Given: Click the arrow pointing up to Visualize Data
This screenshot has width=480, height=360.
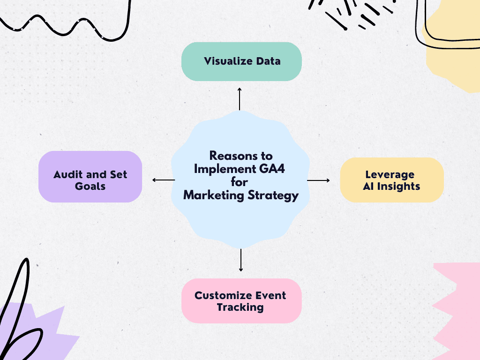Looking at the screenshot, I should tap(240, 98).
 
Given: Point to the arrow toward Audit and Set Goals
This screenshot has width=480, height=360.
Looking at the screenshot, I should tap(163, 180).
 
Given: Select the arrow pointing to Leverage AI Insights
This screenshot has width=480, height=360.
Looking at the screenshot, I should tap(319, 180).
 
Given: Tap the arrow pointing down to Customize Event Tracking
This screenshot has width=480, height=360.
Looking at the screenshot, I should tap(241, 260).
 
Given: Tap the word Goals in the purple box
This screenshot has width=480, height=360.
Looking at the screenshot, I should tap(90, 186).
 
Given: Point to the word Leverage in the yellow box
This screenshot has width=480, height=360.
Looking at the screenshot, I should tap(390, 174).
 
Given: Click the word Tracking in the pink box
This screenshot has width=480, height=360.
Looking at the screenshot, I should tap(240, 307).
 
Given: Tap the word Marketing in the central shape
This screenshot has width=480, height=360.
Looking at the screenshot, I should tap(210, 195).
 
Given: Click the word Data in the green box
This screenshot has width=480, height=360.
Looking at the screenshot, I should tap(269, 61).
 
